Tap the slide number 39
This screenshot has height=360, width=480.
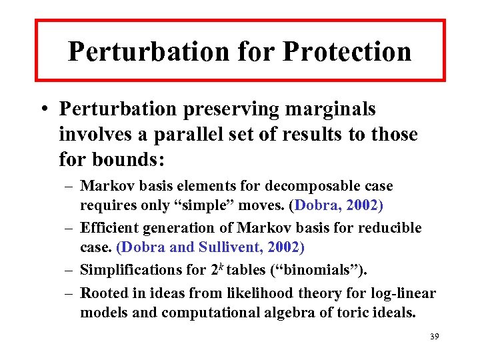[x=434, y=337]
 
